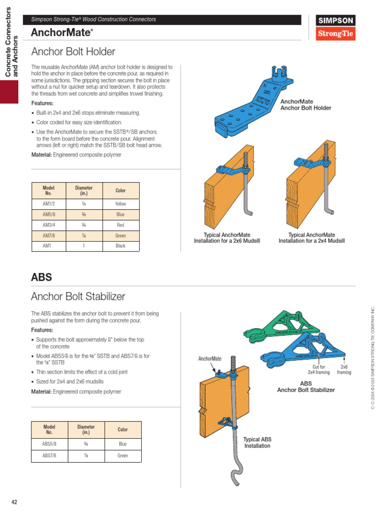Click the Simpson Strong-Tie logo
coord(336,28)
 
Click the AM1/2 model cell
coord(49,204)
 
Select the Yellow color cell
coord(120,204)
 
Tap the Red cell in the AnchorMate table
coord(120,225)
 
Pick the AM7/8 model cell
coord(49,236)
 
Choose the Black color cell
coord(120,246)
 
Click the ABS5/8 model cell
coord(49,443)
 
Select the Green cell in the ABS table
coord(122,456)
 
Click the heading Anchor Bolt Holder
coord(73,52)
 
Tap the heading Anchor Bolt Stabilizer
coord(78,296)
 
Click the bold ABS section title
coord(41,277)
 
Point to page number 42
coord(14,502)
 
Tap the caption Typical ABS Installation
coord(257,442)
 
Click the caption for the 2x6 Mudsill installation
coord(226,238)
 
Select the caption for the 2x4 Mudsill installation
coord(311,238)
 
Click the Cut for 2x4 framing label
coord(319,369)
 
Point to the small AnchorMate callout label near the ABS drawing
coord(210,359)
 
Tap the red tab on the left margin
coord(9,92)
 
